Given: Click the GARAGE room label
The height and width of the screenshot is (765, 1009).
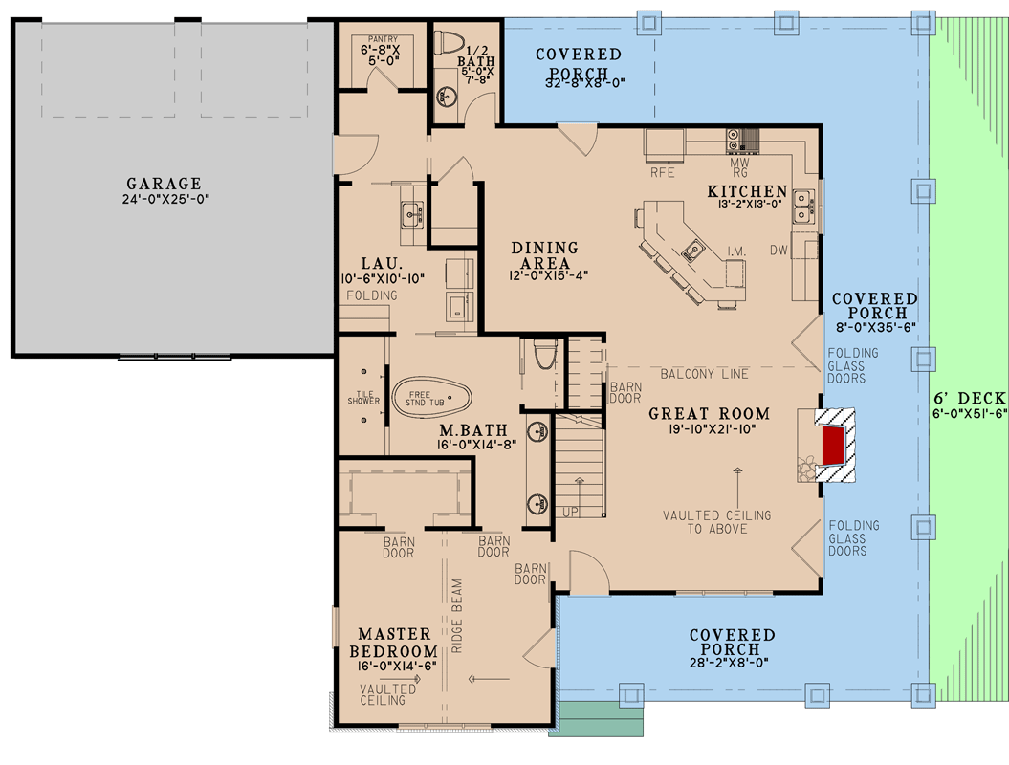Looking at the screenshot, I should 164,184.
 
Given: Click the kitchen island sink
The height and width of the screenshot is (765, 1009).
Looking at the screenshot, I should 693,251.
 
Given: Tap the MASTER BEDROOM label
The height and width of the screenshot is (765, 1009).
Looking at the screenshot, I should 398,643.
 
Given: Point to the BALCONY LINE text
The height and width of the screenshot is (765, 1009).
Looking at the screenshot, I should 704,373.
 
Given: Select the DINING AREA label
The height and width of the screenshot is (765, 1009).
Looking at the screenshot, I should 545,255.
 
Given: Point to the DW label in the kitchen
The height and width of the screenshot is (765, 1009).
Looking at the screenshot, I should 779,250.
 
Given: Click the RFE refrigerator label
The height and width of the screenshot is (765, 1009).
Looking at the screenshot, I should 663,173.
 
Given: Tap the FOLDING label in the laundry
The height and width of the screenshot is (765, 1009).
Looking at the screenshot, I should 372,295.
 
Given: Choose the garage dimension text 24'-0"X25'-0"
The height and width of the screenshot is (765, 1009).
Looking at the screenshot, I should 164,199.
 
